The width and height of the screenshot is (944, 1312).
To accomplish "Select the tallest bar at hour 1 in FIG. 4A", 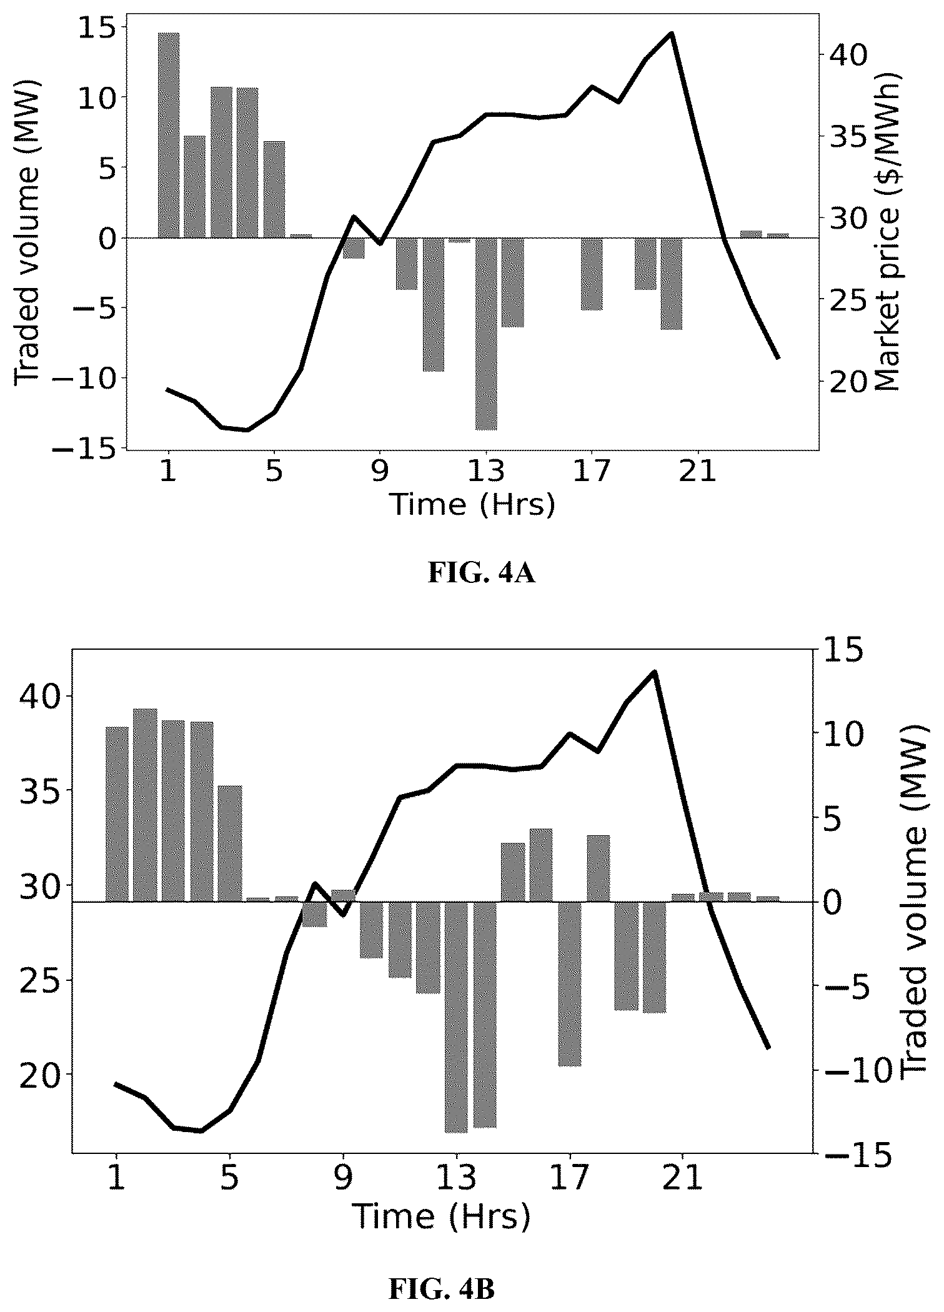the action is click(169, 135).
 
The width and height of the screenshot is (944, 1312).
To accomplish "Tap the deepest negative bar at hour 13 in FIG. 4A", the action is click(486, 334).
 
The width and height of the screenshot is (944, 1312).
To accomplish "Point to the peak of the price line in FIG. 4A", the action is click(671, 33).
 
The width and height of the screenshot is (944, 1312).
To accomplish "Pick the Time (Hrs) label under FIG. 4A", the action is click(472, 504).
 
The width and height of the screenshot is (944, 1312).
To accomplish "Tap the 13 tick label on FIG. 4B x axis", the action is click(456, 1176).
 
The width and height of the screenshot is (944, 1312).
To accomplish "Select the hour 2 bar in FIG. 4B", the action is click(145, 805).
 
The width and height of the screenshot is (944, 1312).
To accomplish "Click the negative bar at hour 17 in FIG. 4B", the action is click(570, 984).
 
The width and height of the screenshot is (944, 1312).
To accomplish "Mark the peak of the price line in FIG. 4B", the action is click(655, 672).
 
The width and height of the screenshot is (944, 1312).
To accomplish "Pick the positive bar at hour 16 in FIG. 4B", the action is click(541, 865).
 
